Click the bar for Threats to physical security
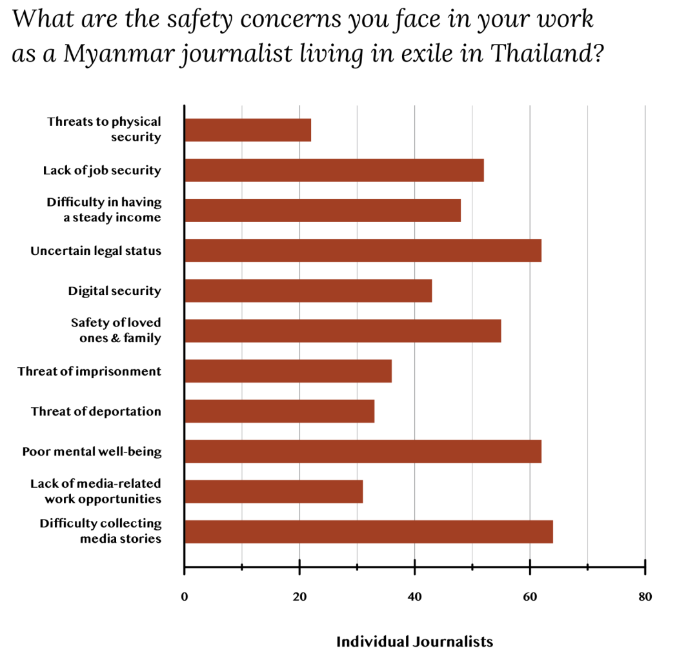(x=248, y=130)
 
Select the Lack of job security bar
(x=334, y=170)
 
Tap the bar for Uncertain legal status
(x=363, y=250)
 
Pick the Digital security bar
(x=308, y=290)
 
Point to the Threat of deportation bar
(x=279, y=411)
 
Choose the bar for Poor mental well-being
(x=363, y=451)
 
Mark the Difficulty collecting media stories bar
(x=369, y=531)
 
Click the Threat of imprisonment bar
(x=288, y=371)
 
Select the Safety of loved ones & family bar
(x=343, y=330)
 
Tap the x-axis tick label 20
(x=299, y=597)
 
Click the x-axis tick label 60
(x=530, y=597)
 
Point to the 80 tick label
(x=645, y=597)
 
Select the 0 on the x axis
(x=185, y=597)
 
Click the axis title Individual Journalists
(x=414, y=642)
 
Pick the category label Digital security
(x=114, y=291)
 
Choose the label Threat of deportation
(x=96, y=411)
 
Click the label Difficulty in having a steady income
(x=103, y=210)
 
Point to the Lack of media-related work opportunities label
(x=96, y=491)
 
